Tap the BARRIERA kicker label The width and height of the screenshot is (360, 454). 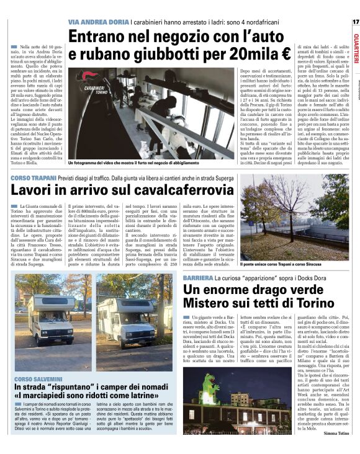[x=198, y=277]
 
